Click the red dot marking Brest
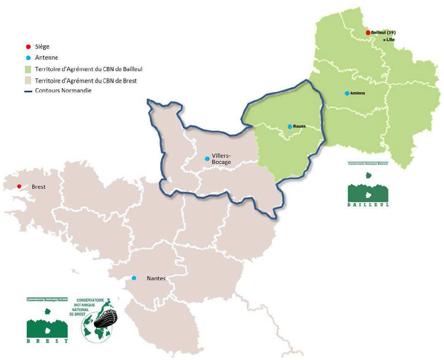click(x=19, y=186)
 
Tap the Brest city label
click(x=39, y=187)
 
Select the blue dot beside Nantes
click(x=134, y=278)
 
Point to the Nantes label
click(x=156, y=279)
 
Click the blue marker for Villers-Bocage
click(x=207, y=159)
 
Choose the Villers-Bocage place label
click(x=221, y=159)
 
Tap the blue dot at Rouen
click(x=290, y=127)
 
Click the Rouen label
click(x=299, y=126)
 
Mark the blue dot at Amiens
click(x=347, y=93)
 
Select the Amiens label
click(x=357, y=93)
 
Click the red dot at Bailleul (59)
click(x=368, y=33)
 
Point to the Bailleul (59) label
click(x=383, y=33)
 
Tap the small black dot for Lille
click(x=384, y=40)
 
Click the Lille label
click(x=390, y=40)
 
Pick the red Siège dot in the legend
click(x=28, y=47)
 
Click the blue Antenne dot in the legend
click(x=28, y=58)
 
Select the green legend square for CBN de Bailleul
click(x=28, y=69)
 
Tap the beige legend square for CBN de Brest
click(x=28, y=81)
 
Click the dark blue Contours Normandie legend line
click(x=28, y=91)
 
